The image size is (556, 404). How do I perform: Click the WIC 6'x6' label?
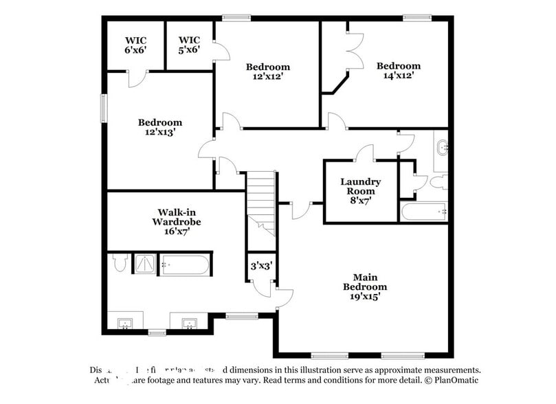(135, 45)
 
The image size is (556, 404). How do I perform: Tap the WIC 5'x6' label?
(189, 45)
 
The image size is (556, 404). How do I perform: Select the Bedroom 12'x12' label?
(268, 71)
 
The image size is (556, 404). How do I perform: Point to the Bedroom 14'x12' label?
(398, 71)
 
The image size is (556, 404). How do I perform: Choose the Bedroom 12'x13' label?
(159, 127)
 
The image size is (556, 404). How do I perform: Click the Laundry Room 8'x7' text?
(361, 191)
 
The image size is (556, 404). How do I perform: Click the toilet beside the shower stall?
(118, 263)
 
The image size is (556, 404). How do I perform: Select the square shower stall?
(144, 264)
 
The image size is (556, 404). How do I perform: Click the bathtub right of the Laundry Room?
(423, 212)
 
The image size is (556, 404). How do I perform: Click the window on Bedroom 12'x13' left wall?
(104, 108)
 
